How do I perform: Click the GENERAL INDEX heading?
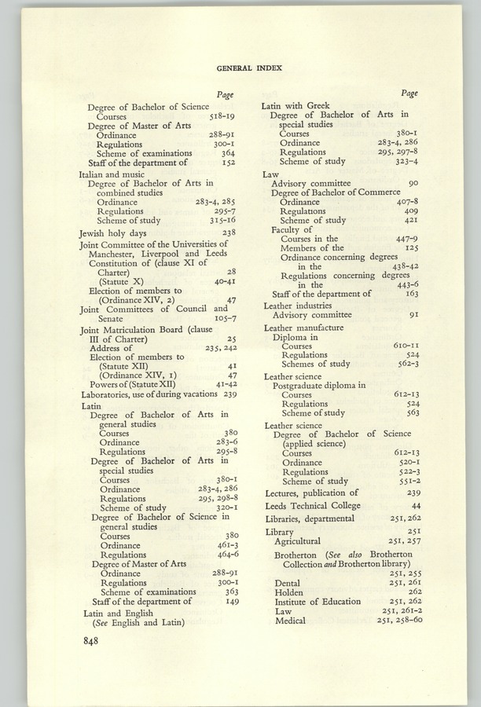[x=248, y=68]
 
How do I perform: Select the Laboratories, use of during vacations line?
[x=147, y=394]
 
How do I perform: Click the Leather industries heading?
[x=301, y=304]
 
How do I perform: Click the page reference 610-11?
[x=405, y=346]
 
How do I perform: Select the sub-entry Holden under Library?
[x=288, y=592]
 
